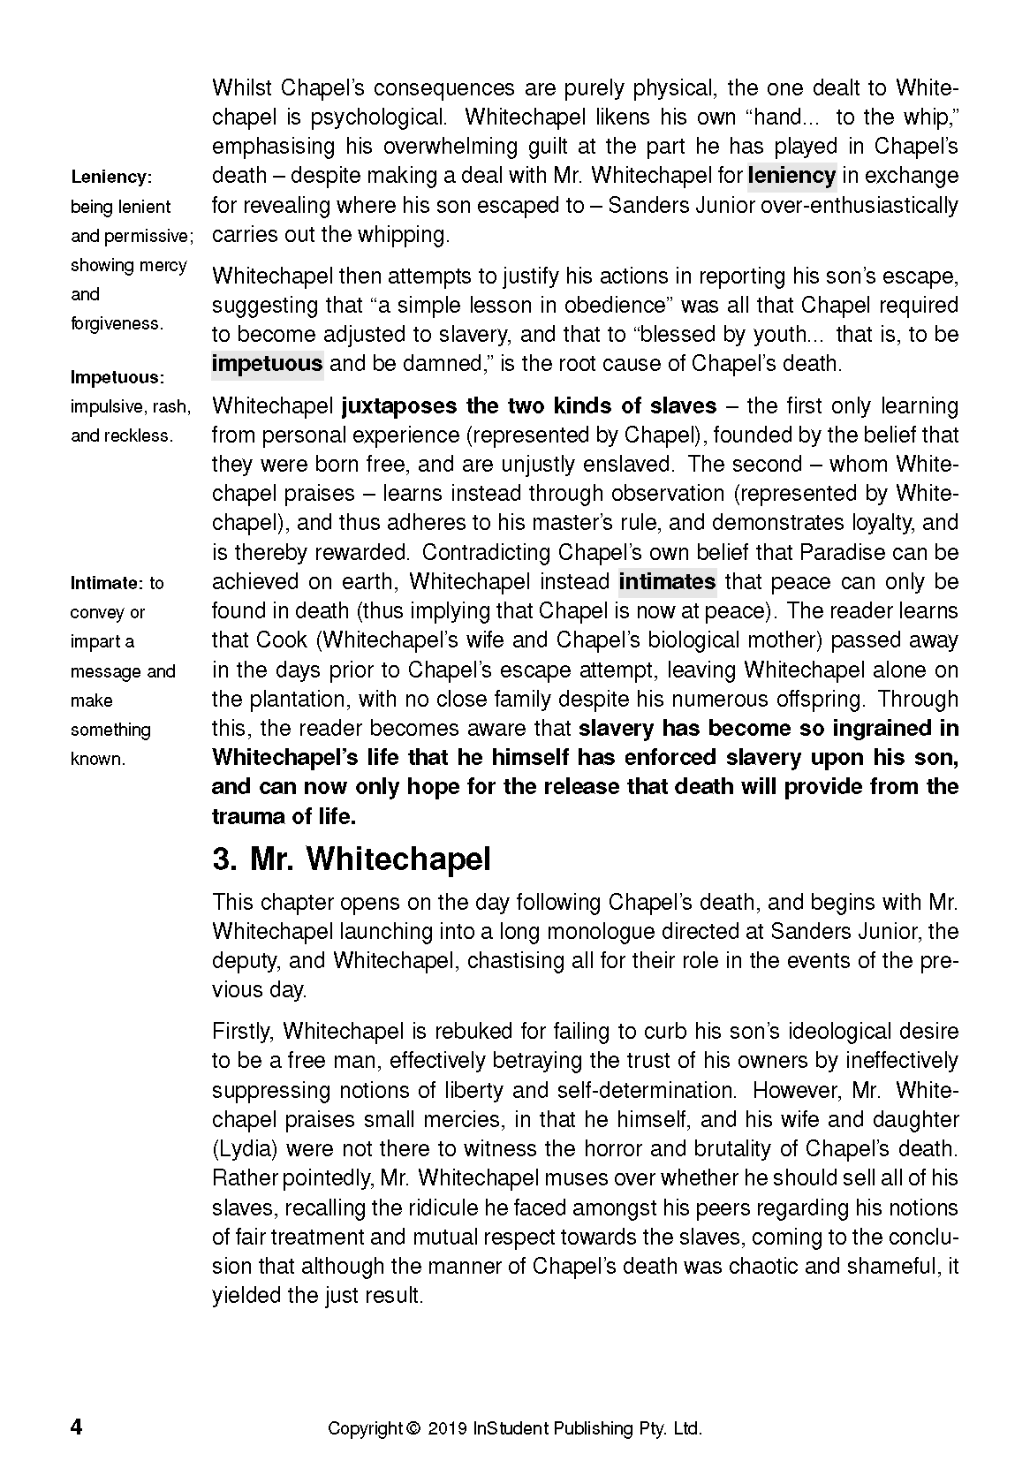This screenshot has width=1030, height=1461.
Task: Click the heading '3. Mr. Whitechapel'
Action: pos(352,859)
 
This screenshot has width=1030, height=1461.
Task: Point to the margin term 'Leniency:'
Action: pos(112,177)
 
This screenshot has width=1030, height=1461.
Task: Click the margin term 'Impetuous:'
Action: pos(117,377)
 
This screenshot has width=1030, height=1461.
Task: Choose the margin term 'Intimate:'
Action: pos(107,583)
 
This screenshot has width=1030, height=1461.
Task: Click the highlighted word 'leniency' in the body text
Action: pos(791,176)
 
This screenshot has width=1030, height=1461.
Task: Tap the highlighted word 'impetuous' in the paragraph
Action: pos(268,364)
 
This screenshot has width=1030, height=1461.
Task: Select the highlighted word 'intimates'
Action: pos(667,582)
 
